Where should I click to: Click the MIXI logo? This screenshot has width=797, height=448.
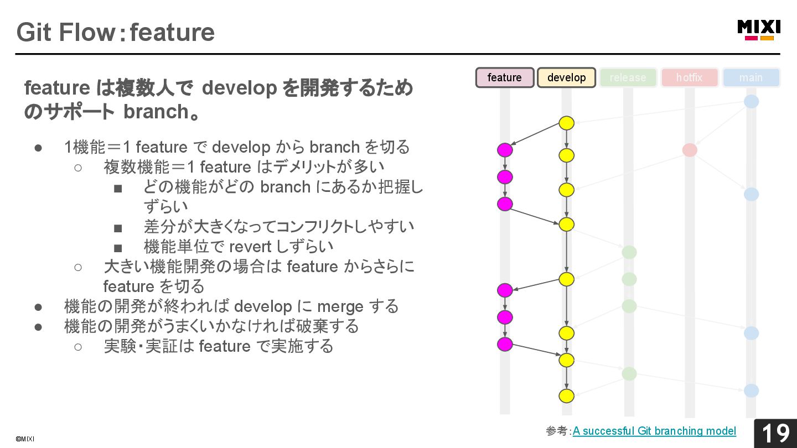tap(759, 30)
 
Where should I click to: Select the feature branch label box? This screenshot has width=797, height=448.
tap(505, 77)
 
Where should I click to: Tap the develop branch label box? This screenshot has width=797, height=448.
tap(566, 77)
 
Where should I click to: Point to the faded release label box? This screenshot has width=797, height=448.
tap(628, 77)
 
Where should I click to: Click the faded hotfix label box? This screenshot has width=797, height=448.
tap(690, 77)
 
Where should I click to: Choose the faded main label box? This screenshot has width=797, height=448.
tap(751, 77)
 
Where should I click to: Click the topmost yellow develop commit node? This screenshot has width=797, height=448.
tap(566, 123)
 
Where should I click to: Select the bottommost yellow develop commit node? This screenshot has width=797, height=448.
tap(566, 396)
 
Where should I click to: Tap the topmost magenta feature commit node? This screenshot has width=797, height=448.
tap(505, 150)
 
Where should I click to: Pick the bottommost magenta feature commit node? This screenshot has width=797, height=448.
tap(505, 344)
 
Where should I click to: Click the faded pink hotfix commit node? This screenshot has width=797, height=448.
tap(690, 150)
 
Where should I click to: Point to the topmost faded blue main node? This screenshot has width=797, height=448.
tap(751, 102)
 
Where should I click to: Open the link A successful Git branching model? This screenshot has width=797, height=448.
tap(654, 431)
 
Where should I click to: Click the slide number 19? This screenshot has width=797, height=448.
tap(775, 434)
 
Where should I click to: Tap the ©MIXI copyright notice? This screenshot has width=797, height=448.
tap(25, 439)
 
